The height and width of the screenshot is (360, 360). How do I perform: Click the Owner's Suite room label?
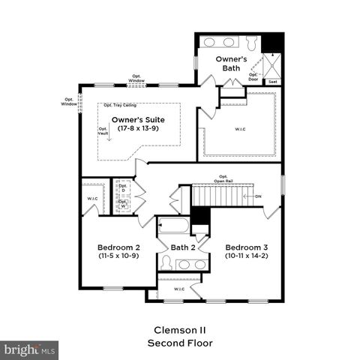pyautogui.click(x=138, y=119)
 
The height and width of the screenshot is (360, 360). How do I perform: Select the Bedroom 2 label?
pyautogui.click(x=118, y=247)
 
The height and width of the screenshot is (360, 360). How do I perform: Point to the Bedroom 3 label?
pyautogui.click(x=247, y=247)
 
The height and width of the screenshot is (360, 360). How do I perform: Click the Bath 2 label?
pyautogui.click(x=182, y=247)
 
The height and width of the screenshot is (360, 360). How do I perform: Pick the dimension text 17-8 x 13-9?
pyautogui.click(x=138, y=129)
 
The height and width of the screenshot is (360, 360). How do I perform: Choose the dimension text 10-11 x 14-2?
pyautogui.click(x=247, y=256)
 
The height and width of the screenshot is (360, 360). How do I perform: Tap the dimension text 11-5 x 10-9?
pyautogui.click(x=118, y=256)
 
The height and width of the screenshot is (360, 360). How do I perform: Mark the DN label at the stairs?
pyautogui.click(x=258, y=196)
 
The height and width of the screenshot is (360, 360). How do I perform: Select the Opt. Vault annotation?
pyautogui.click(x=103, y=130)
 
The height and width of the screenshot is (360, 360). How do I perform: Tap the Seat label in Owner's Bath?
pyautogui.click(x=272, y=81)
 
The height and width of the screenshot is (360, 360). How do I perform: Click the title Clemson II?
pyautogui.click(x=179, y=329)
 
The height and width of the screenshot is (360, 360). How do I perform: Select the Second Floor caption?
pyautogui.click(x=179, y=343)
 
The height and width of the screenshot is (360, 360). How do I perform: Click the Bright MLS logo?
pyautogui.click(x=30, y=349)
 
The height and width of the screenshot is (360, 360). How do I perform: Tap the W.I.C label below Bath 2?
pyautogui.click(x=179, y=289)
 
